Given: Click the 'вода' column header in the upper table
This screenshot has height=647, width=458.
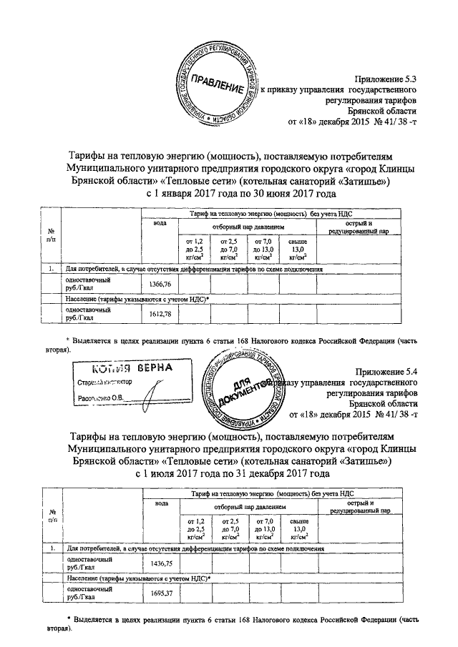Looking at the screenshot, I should (x=160, y=224).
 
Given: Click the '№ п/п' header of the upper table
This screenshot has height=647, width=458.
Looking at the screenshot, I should (x=51, y=234).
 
